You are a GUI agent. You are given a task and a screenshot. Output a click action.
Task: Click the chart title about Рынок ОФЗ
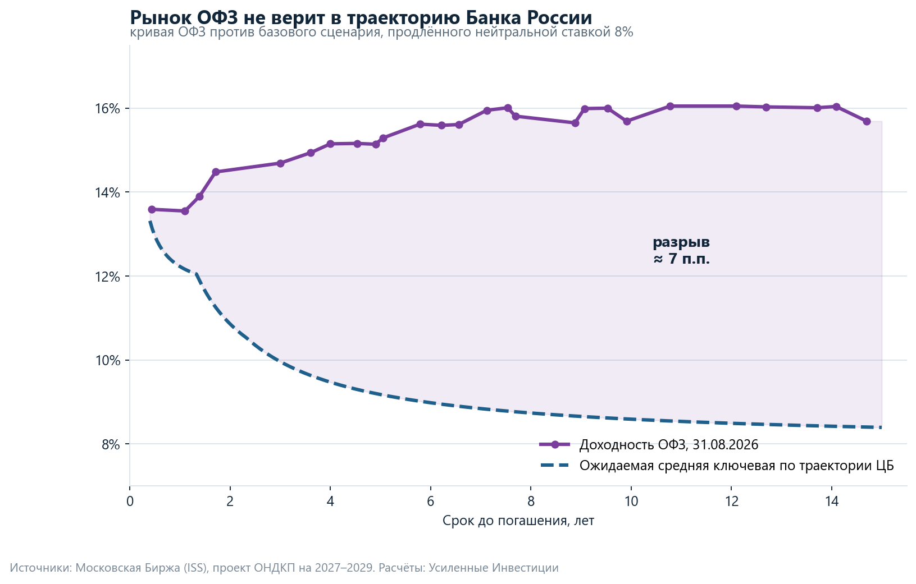pyautogui.click(x=361, y=17)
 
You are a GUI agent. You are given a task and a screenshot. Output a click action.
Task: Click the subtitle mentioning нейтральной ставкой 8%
pyautogui.click(x=381, y=33)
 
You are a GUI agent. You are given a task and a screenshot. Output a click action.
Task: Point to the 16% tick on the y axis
pyautogui.click(x=108, y=109)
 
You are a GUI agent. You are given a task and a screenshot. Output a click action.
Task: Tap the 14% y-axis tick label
pyautogui.click(x=108, y=192)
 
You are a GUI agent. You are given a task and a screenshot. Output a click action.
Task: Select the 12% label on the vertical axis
pyautogui.click(x=108, y=277)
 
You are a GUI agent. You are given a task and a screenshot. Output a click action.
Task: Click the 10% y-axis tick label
pyautogui.click(x=108, y=360)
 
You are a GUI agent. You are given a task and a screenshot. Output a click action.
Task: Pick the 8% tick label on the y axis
pyautogui.click(x=111, y=444)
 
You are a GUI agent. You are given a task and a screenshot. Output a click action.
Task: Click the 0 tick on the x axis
pyautogui.click(x=130, y=501)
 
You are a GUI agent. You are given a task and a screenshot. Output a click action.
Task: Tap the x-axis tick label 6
pyautogui.click(x=431, y=501)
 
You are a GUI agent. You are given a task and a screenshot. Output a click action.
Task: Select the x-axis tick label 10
pyautogui.click(x=631, y=501)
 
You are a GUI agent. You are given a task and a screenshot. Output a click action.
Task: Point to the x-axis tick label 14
pyautogui.click(x=832, y=501)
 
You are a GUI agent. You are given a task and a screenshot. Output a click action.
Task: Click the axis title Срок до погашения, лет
pyautogui.click(x=518, y=521)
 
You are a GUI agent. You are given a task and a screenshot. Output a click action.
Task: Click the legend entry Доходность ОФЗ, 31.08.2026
pyautogui.click(x=649, y=444)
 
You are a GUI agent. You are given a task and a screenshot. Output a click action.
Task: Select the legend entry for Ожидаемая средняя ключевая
pyautogui.click(x=717, y=465)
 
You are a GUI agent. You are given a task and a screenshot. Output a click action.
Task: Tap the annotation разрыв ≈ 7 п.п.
pyautogui.click(x=681, y=250)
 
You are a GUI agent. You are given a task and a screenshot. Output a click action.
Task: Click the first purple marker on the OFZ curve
pyautogui.click(x=152, y=209)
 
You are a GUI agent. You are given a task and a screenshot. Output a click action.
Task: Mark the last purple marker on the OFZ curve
pyautogui.click(x=867, y=121)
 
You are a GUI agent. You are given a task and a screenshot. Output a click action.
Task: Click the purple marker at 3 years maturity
pyautogui.click(x=280, y=163)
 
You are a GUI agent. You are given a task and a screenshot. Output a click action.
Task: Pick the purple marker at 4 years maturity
pyautogui.click(x=330, y=144)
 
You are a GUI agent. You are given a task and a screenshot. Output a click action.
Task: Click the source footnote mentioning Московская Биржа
pyautogui.click(x=284, y=568)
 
